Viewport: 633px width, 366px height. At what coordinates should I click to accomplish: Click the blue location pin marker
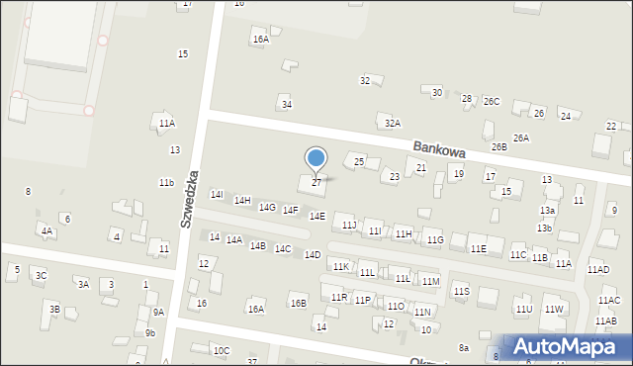click(316, 159)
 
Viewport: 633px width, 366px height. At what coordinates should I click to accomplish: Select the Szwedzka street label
click(190, 199)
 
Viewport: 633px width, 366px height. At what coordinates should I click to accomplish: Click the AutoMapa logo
click(568, 347)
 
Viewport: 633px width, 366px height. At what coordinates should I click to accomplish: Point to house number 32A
click(393, 124)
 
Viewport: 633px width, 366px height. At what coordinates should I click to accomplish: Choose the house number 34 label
click(287, 104)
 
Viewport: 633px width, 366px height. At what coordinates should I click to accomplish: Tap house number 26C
click(492, 102)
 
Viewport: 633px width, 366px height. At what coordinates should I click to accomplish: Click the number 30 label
click(437, 92)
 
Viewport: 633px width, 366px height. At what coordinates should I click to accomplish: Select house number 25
click(359, 161)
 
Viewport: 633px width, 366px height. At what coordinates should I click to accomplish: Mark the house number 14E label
click(316, 216)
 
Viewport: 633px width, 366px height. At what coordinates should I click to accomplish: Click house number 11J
click(349, 226)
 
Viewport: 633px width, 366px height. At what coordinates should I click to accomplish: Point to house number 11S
click(461, 291)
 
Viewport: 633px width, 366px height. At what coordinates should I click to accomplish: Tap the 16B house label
click(298, 303)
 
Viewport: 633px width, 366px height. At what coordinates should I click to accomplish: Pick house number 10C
click(222, 350)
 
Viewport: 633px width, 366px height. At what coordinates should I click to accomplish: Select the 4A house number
click(46, 230)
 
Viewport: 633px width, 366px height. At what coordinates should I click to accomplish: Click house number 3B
click(55, 310)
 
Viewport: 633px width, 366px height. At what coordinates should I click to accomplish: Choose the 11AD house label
click(597, 269)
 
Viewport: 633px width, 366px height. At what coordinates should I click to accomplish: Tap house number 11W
click(554, 310)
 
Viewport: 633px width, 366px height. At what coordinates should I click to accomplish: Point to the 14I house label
click(217, 195)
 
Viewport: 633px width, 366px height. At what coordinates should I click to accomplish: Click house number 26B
click(498, 146)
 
